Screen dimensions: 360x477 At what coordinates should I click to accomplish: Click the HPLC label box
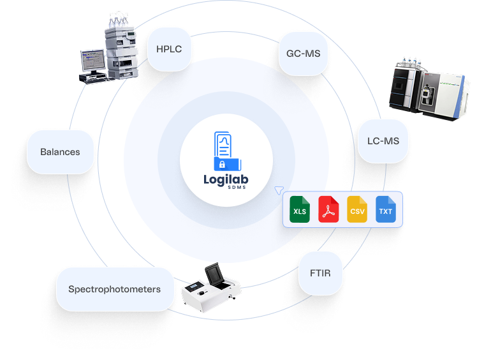[170, 48]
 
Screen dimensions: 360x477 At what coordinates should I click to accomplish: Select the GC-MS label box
[304, 54]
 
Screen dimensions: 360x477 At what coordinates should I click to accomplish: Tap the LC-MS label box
[383, 140]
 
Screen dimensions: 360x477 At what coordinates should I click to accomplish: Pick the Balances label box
[60, 152]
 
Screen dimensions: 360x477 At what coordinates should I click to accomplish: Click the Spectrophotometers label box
[115, 289]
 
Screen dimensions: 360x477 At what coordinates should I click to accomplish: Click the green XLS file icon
[300, 210]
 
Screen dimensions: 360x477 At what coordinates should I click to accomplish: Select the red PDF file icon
[328, 210]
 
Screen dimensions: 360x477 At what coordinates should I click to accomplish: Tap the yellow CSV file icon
[357, 210]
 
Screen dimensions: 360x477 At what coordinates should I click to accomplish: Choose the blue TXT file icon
[386, 210]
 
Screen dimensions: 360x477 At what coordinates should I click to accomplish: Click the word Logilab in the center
[227, 179]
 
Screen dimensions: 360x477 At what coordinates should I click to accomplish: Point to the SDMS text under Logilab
[227, 191]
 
